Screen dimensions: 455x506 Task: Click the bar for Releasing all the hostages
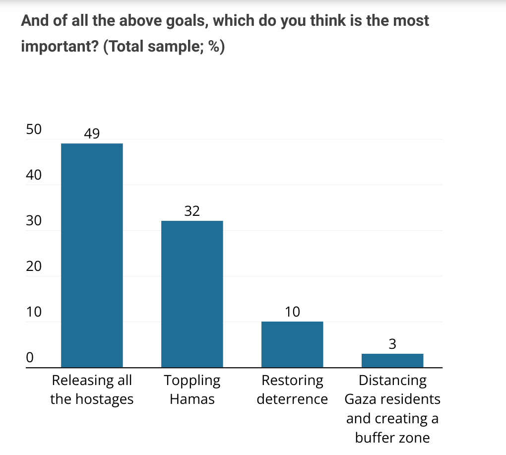pos(92,256)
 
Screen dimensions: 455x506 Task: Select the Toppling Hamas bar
pos(192,294)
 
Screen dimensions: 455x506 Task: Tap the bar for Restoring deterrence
pos(292,344)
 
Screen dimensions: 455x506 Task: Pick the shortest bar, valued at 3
pos(392,361)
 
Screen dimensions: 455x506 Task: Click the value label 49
pos(92,133)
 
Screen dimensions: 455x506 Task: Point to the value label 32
pos(192,211)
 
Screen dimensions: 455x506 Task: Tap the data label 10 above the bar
pos(293,312)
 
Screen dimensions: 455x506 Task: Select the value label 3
pos(392,344)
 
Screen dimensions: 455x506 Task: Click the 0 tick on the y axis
pos(30,358)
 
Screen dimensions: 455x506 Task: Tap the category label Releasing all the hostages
pos(92,390)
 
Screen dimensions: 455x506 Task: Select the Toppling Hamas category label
pos(192,390)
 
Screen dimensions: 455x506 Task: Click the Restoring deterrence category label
pos(292,390)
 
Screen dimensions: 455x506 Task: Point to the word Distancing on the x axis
pos(392,381)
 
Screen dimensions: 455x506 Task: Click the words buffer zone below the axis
pos(392,438)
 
